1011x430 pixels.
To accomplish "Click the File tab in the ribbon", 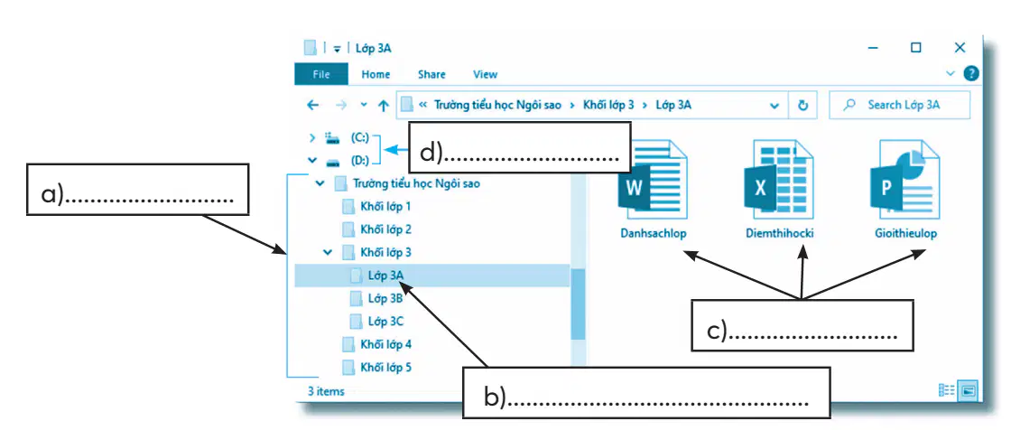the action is click(321, 74).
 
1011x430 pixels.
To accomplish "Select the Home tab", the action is click(376, 74).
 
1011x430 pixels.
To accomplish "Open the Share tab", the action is click(431, 74).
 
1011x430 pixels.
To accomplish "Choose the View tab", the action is click(485, 74).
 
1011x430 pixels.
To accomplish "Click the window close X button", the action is click(960, 47).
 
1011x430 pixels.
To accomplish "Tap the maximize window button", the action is click(915, 47).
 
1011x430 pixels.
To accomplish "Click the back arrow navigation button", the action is click(312, 105).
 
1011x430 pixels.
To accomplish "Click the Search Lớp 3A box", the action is click(899, 105).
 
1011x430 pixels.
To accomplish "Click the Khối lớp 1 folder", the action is click(376, 207).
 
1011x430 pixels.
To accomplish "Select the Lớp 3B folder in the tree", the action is click(376, 298).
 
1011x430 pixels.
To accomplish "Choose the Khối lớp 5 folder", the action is click(376, 368).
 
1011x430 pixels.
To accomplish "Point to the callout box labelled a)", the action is click(137, 189).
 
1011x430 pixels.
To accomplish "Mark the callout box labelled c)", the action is click(802, 325).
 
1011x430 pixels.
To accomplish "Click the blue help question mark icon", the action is click(971, 73).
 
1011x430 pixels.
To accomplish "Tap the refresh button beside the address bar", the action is click(802, 105).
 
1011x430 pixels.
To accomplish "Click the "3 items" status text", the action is click(326, 391).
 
